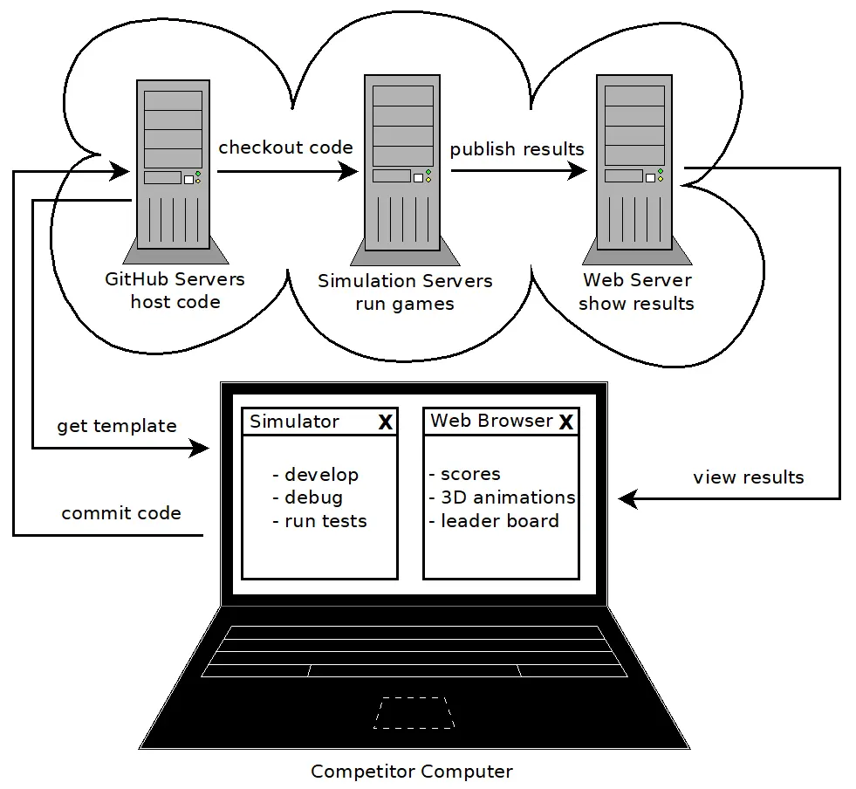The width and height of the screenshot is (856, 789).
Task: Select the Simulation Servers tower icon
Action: (x=403, y=166)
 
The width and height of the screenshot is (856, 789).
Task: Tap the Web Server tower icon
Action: (x=635, y=166)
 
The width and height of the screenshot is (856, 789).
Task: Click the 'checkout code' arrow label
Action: (x=285, y=148)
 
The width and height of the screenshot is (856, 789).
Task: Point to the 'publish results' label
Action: (x=517, y=149)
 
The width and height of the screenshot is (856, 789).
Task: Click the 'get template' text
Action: (x=117, y=426)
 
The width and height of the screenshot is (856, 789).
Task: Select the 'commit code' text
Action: (x=121, y=513)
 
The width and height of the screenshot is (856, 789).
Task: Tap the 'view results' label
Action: (x=748, y=477)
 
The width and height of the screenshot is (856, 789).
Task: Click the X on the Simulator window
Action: (x=385, y=422)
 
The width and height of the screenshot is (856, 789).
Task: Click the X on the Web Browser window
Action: (x=565, y=422)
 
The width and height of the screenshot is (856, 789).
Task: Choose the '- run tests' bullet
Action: (x=319, y=521)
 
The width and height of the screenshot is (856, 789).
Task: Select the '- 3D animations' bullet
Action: (x=503, y=497)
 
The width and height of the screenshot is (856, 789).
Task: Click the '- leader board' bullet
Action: (x=494, y=521)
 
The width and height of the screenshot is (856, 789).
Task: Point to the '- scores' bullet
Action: (x=465, y=474)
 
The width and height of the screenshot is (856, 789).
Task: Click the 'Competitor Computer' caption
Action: (x=412, y=772)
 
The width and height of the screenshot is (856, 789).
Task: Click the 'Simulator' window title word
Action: (x=294, y=422)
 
